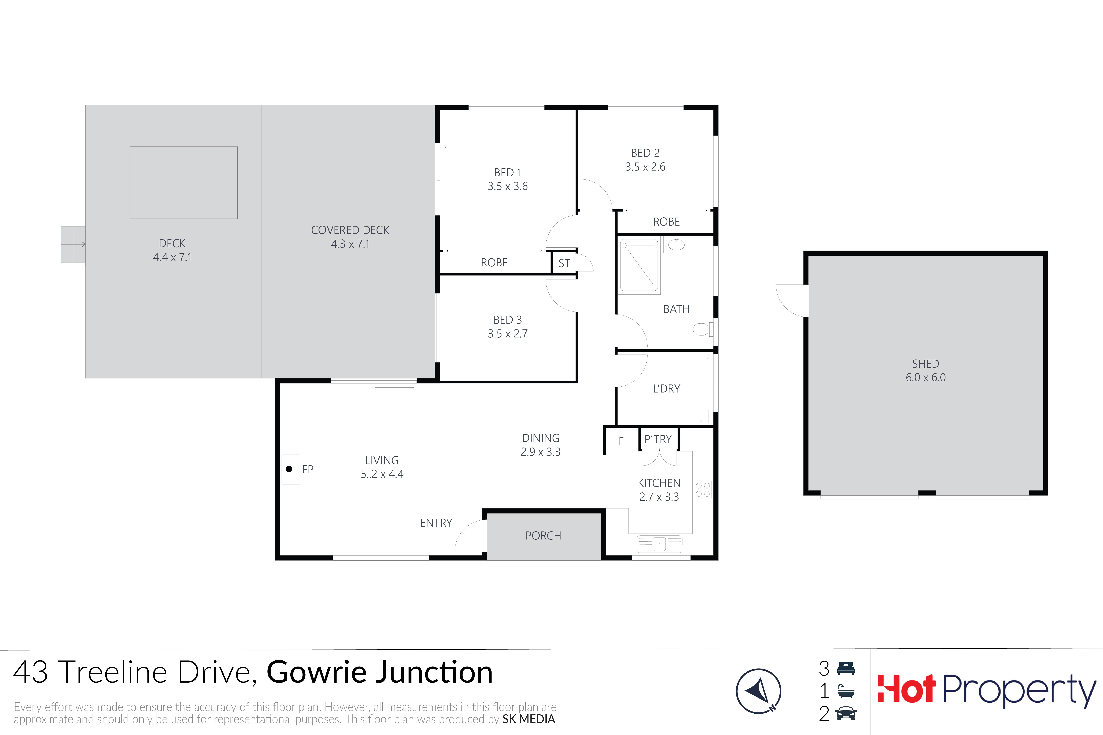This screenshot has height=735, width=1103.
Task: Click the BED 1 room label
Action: (508, 172)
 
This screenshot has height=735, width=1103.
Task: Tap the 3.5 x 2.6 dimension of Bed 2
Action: (645, 167)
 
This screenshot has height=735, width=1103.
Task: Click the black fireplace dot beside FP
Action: (289, 469)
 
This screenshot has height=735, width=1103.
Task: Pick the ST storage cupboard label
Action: (564, 263)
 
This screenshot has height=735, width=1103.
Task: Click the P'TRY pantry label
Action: (658, 439)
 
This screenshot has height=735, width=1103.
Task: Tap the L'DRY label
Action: (666, 389)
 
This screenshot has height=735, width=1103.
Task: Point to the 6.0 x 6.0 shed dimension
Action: (926, 377)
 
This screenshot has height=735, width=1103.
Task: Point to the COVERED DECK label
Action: (350, 230)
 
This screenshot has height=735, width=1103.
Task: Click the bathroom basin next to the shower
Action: (676, 245)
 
